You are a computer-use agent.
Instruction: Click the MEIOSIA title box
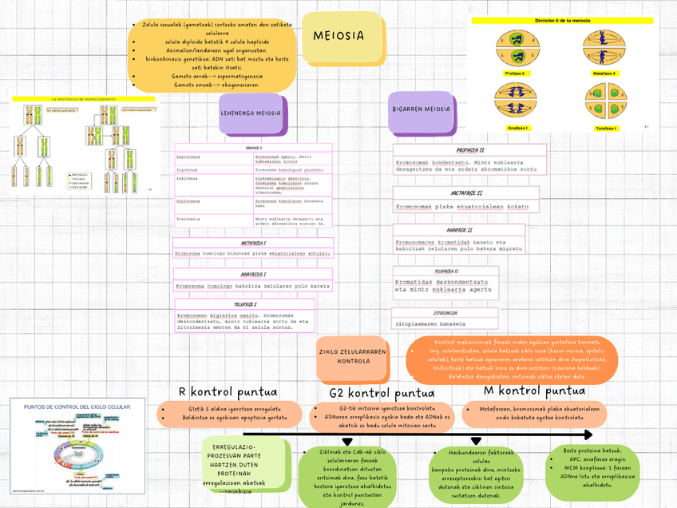click(338, 36)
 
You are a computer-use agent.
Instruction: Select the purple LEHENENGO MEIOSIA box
click(250, 113)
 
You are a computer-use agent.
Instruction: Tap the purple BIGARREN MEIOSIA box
click(422, 109)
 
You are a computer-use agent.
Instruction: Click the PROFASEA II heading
click(470, 149)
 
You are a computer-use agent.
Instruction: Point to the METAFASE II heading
click(467, 192)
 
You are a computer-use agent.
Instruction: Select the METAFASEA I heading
click(253, 243)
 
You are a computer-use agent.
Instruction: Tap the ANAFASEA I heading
click(253, 274)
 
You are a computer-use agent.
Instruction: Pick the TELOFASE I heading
click(244, 304)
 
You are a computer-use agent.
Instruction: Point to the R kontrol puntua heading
click(228, 391)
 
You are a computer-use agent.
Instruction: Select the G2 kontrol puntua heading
click(382, 393)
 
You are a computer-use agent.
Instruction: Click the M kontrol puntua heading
click(535, 391)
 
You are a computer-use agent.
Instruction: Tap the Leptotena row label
click(188, 157)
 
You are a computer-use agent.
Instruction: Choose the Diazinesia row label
click(189, 218)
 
